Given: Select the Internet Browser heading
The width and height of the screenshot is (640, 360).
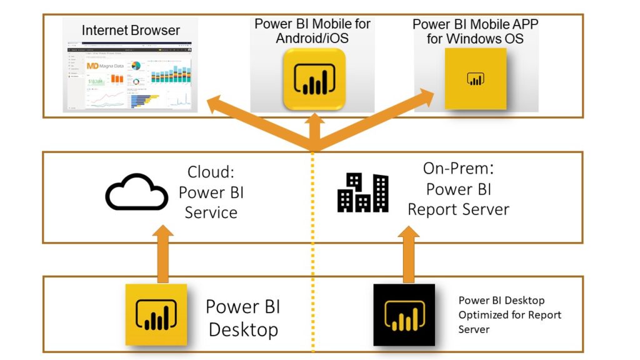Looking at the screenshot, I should click(x=131, y=30).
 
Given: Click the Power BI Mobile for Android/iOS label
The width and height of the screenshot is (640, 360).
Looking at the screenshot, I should click(x=312, y=31).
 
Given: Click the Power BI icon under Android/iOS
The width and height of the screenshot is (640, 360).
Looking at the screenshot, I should click(x=314, y=79).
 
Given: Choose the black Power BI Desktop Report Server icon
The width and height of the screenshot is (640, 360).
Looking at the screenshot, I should click(x=404, y=314).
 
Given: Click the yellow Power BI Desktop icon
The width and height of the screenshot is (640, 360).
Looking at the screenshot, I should click(x=156, y=314).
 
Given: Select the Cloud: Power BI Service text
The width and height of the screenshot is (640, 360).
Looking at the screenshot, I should click(x=211, y=192).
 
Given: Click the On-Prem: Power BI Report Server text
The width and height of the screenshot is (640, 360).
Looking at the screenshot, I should click(x=459, y=189).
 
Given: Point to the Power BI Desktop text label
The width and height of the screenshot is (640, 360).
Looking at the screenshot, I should click(x=243, y=317).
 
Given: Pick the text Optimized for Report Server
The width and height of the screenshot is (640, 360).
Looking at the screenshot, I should click(x=509, y=321).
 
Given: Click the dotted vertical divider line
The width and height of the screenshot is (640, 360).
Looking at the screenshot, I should click(x=313, y=250).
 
